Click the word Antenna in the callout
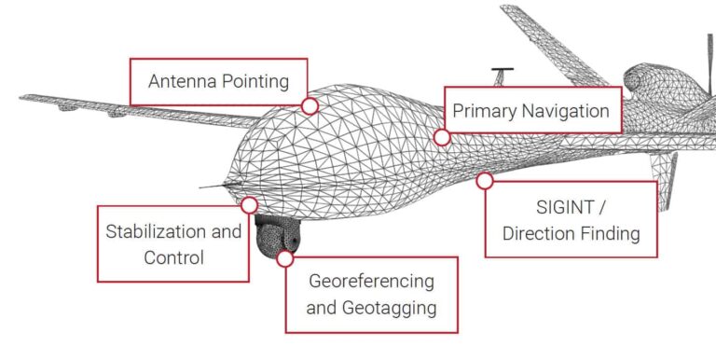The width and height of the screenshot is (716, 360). click(x=181, y=80)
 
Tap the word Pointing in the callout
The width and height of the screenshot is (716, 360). click(x=253, y=80)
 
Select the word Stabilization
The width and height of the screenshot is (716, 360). click(x=158, y=231)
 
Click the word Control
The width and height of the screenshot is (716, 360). click(x=173, y=256)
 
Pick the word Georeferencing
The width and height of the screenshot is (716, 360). click(x=371, y=281)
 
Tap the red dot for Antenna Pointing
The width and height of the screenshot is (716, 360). click(x=310, y=105)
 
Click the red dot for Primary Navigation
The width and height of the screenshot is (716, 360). click(x=442, y=137)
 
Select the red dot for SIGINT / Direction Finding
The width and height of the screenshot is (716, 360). click(x=485, y=181)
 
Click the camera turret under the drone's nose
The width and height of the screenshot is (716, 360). click(x=274, y=238)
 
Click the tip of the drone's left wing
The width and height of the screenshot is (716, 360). click(x=22, y=97)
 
